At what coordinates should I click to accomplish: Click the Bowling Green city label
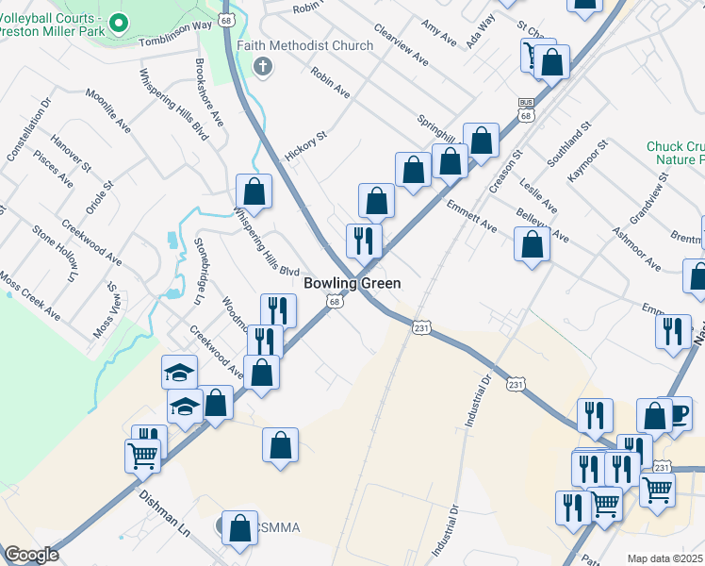pos(352,283)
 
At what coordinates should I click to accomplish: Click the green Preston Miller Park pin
pos(118,22)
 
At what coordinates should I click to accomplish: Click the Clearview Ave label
pos(401,45)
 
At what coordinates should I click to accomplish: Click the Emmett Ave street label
pos(471,215)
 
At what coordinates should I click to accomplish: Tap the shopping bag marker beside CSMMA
pos(239,528)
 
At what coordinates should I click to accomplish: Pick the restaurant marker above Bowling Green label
pos(364,239)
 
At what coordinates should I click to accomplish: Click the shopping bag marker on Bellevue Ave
pos(533,245)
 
